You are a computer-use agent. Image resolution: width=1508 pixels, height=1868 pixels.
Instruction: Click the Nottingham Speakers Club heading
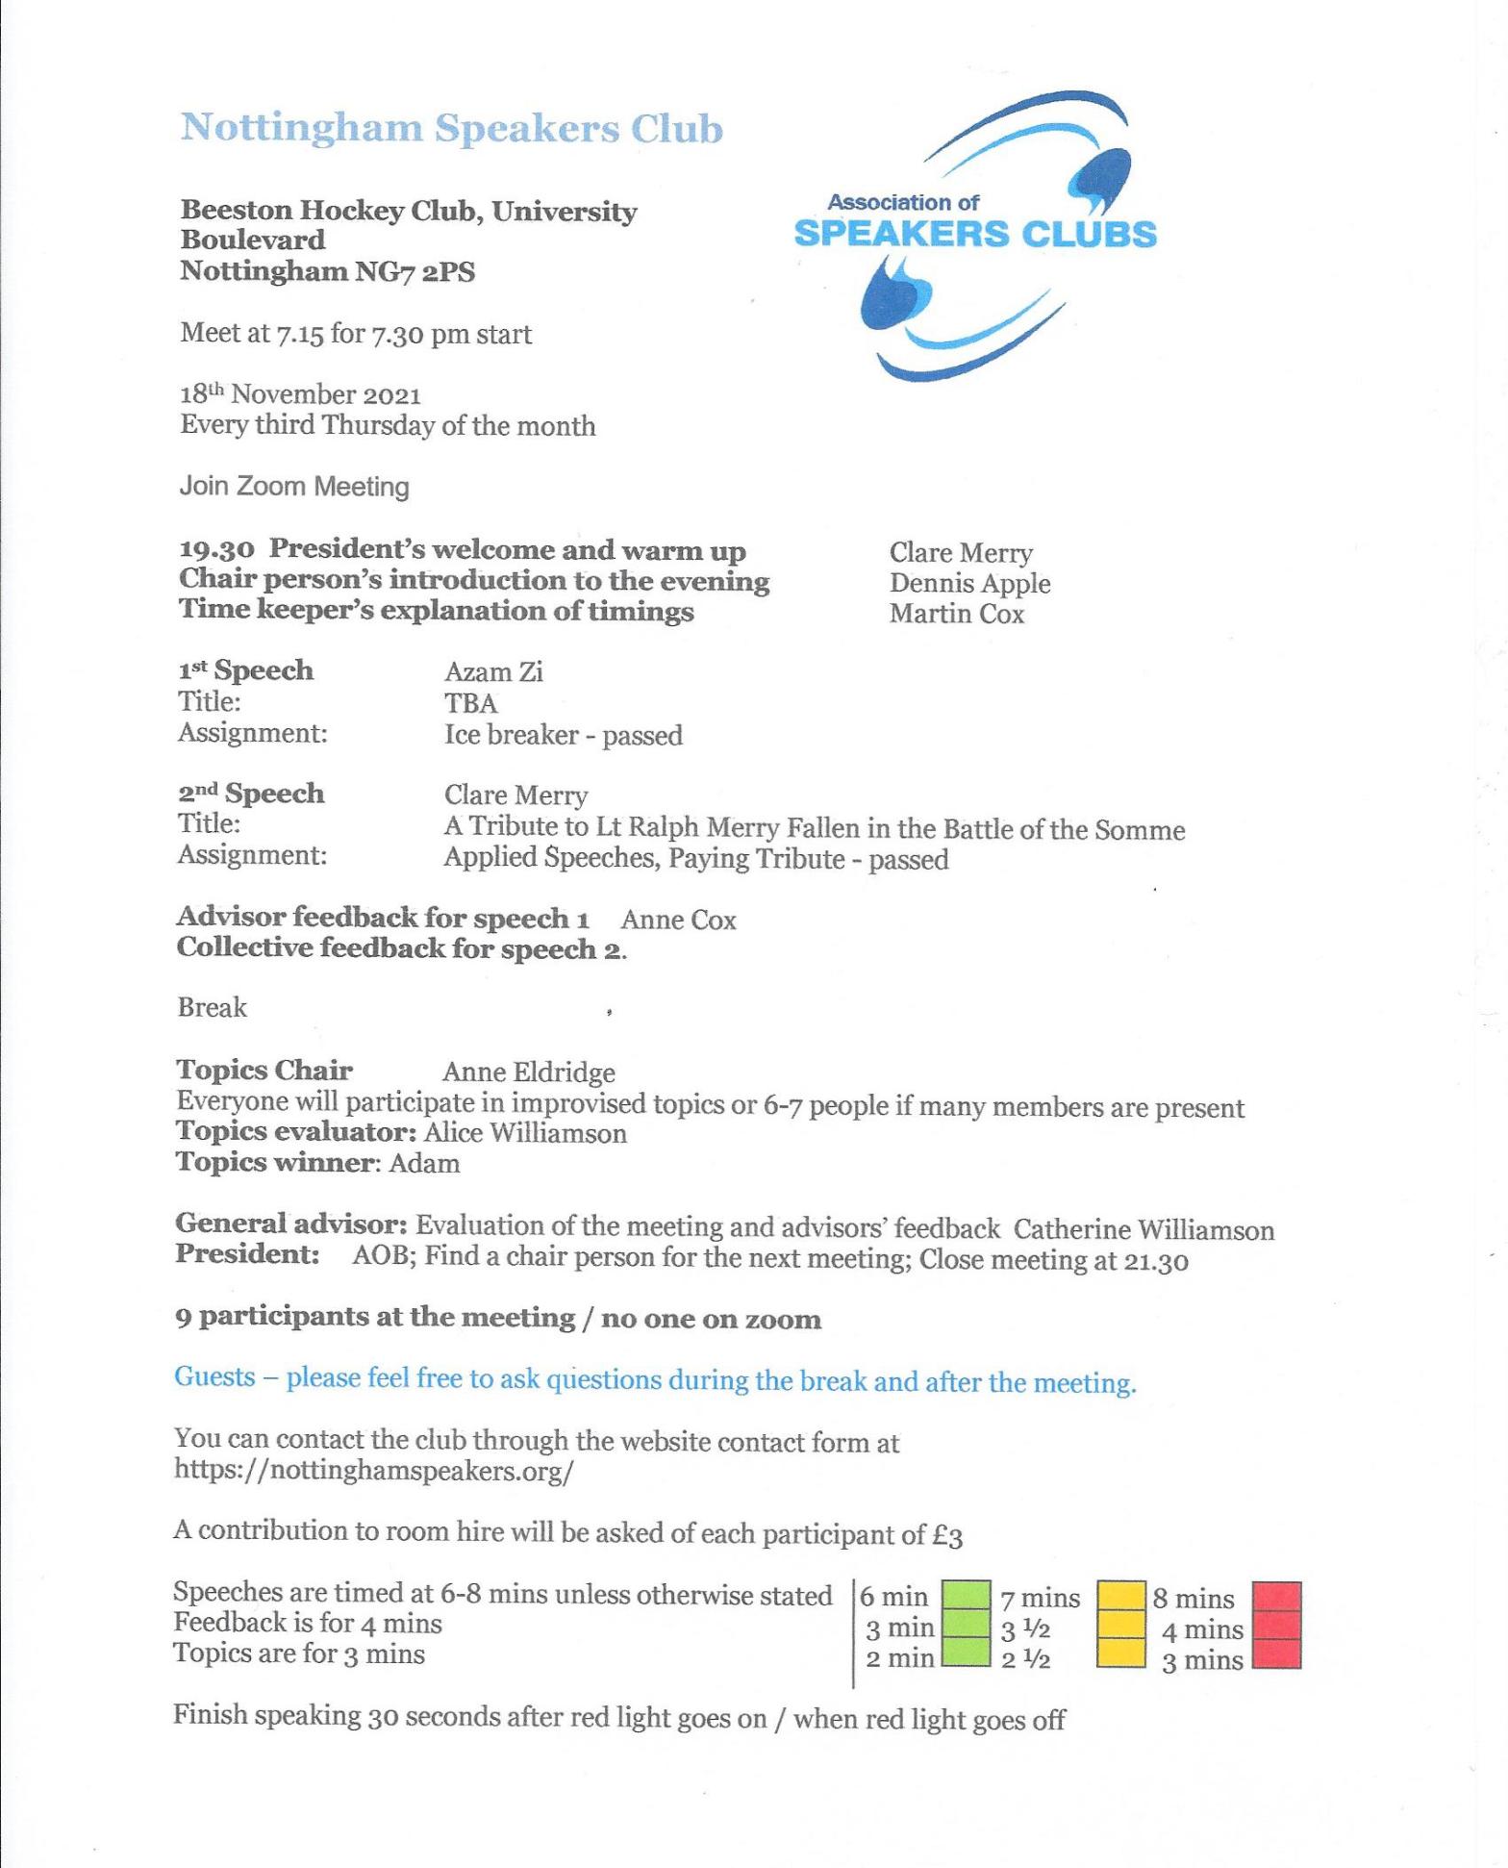tap(451, 129)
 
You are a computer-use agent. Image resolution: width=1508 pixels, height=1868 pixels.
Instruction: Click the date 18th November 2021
tap(300, 394)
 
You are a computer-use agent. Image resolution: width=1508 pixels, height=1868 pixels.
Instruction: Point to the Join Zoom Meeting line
tap(293, 487)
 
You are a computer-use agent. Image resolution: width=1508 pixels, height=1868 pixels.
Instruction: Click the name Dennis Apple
tap(969, 583)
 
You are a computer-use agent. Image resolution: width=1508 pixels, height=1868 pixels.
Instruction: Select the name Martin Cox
tap(956, 614)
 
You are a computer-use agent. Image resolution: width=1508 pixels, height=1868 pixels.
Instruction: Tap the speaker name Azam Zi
tap(493, 671)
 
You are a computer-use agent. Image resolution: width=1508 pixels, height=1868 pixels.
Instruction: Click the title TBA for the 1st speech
tap(470, 703)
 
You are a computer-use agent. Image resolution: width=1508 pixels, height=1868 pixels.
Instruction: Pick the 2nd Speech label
tap(251, 794)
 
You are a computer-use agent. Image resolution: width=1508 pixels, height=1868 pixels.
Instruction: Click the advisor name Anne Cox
tap(678, 920)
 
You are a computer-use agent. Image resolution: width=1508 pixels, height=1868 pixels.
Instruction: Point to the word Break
tap(212, 1007)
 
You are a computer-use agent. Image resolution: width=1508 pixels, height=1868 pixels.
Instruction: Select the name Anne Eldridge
tap(528, 1072)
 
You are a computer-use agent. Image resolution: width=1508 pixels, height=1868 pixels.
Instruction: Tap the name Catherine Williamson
tap(1144, 1229)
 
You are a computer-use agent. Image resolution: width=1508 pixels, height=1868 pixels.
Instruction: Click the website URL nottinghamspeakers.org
tap(373, 1471)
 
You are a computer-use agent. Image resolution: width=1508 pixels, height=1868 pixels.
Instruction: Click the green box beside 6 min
tap(966, 1597)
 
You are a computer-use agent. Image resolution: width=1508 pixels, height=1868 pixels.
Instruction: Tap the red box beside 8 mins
tap(1277, 1597)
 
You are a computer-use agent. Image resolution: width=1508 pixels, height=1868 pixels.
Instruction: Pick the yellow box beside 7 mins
tap(1121, 1597)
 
